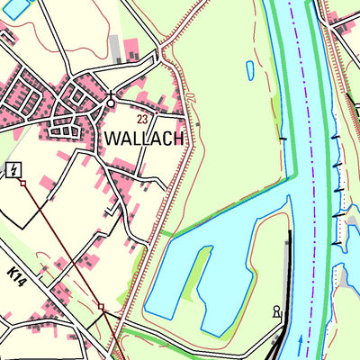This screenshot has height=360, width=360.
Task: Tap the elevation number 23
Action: pos(142,119)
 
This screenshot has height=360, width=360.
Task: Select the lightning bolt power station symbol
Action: pos(13,170)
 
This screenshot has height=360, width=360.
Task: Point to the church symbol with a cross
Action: pos(111,99)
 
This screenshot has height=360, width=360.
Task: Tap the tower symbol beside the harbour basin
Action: pos(276,312)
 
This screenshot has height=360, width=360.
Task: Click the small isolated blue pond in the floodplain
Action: pos(249,69)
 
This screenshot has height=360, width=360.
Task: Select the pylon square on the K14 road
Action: pos(101,307)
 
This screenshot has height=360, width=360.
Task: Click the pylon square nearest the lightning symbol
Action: pos(23,183)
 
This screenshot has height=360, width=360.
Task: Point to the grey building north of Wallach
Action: pos(114,47)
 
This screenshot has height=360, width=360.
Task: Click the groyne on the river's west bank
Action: pos(283,139)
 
